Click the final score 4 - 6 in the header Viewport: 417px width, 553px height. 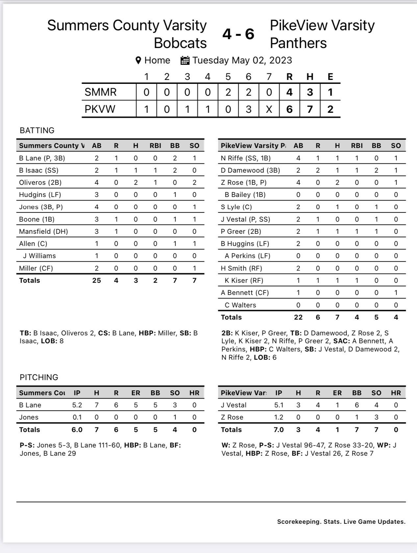tap(238, 34)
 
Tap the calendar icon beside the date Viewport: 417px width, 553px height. tap(185, 60)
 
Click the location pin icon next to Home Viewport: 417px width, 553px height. tap(138, 60)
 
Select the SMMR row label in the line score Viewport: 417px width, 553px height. tap(101, 92)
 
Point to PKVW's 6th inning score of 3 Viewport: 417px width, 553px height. tap(248, 109)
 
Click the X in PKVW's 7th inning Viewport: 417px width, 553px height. tap(269, 109)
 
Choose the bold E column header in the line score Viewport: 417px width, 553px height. tap(330, 77)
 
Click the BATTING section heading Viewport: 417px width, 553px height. tap(37, 131)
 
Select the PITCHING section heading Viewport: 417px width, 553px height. tap(39, 377)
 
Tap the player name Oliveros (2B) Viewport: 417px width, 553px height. tap(40, 182)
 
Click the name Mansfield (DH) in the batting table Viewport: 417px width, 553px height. tap(43, 231)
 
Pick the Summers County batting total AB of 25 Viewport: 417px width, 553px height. tap(97, 280)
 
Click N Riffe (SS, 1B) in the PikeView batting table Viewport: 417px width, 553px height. tap(246, 158)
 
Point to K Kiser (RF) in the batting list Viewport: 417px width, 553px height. tap(244, 280)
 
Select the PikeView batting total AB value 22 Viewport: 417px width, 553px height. tap(298, 317)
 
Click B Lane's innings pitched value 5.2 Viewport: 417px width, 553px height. tap(77, 405)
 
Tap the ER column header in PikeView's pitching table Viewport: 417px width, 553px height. tap(337, 393)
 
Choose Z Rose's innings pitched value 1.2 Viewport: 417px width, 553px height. tap(279, 417)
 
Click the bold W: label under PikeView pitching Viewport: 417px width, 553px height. tap(226, 445)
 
